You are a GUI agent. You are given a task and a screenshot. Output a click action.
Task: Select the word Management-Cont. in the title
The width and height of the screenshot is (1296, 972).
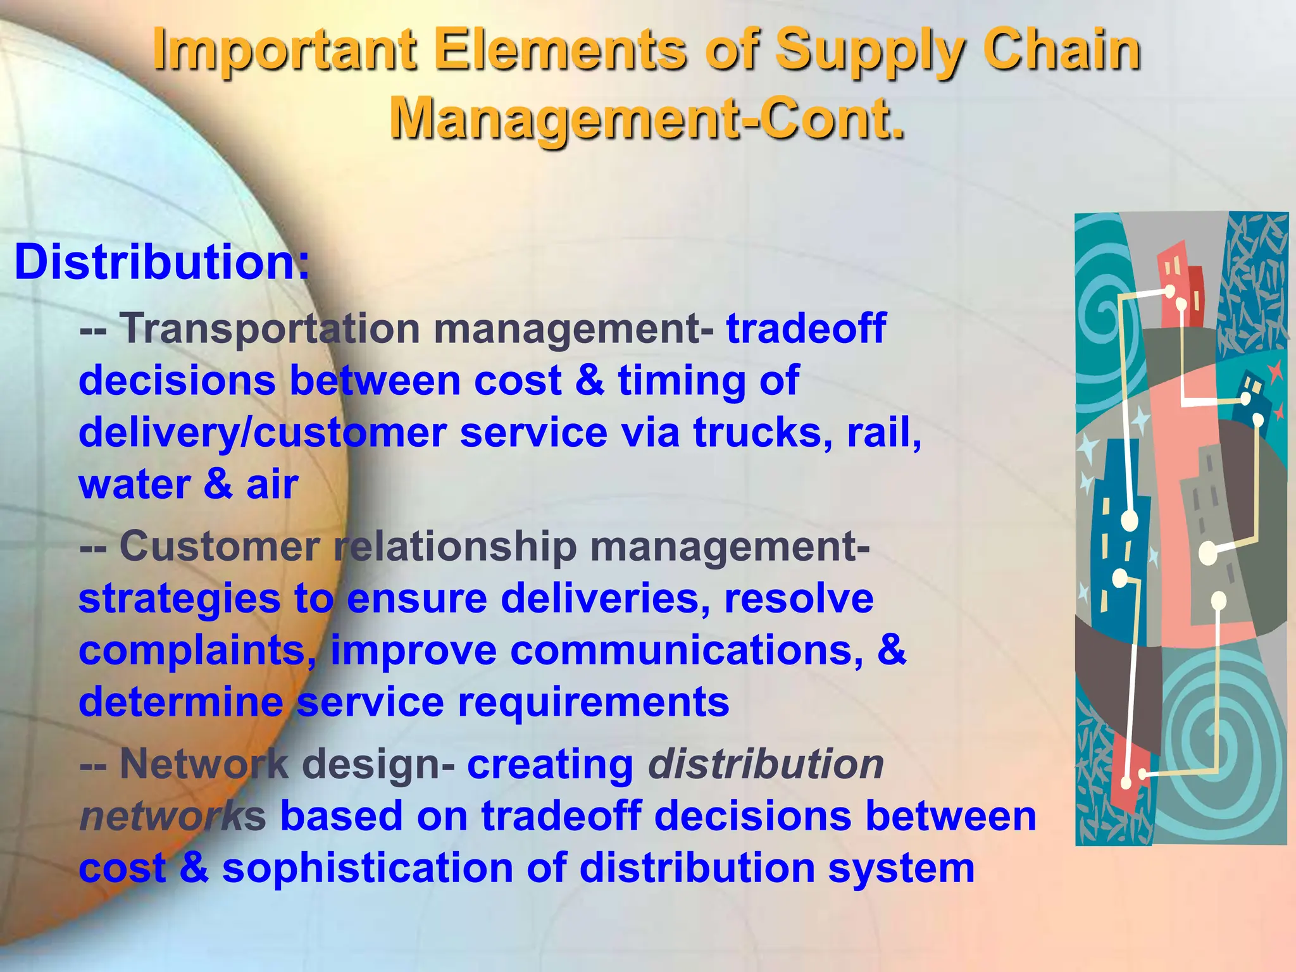[647, 118]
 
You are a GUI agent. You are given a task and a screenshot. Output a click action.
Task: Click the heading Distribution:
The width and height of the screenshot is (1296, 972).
[162, 262]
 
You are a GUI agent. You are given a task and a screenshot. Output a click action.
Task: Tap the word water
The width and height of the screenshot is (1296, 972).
[135, 485]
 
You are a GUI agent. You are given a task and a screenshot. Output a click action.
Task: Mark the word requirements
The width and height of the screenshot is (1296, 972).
[594, 702]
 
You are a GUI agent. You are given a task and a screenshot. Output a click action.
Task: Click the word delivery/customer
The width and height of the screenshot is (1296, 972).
[263, 433]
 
